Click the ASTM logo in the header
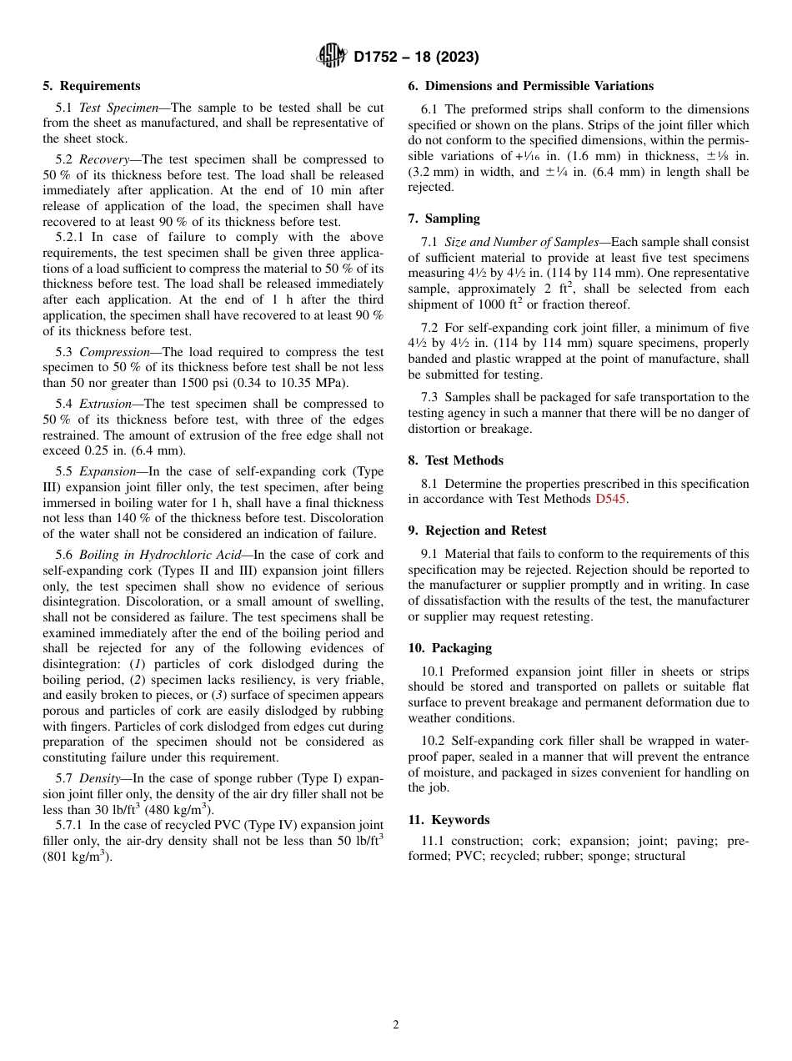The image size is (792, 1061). point(331,57)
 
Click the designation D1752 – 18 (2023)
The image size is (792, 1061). point(416,58)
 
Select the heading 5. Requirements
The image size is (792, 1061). point(92,86)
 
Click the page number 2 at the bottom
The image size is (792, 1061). point(396,1025)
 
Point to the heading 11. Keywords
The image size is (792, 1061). point(449,820)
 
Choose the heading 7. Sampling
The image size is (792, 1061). point(444,219)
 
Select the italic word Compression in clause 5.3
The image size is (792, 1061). point(115,352)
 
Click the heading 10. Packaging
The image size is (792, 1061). point(449,648)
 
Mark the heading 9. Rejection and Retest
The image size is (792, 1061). point(477,530)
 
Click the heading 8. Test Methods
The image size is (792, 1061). point(455,460)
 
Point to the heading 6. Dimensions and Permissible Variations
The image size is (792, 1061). point(530,86)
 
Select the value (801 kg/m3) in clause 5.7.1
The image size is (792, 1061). point(78,857)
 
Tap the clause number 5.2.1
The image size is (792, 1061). point(69,237)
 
